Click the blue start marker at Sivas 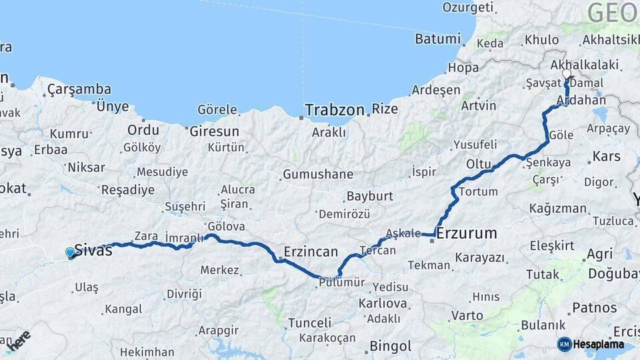(70, 253)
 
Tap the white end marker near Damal (566, 74)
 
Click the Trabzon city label (335, 109)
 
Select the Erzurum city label (467, 233)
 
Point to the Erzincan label (311, 252)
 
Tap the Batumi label (437, 39)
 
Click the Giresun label (214, 131)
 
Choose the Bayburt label (369, 197)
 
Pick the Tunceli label (309, 323)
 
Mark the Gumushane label (317, 175)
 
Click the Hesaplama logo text (599, 345)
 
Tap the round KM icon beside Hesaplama (564, 344)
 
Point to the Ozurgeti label (468, 8)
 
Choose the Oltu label (477, 164)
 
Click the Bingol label (390, 347)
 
